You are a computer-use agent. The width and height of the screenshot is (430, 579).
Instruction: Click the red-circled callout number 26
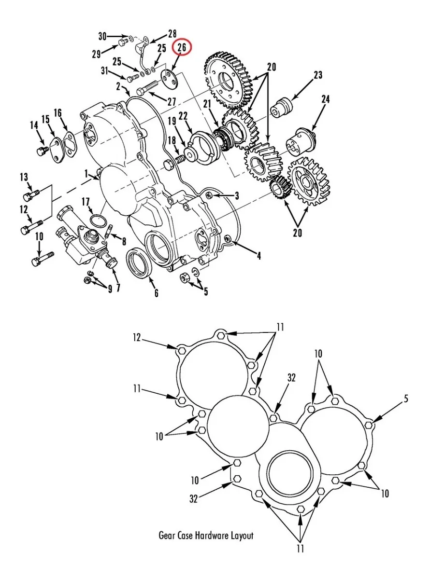coord(182,48)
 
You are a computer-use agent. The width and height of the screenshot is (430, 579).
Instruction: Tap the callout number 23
coord(317,75)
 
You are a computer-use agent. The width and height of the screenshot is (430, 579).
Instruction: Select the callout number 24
coord(325,99)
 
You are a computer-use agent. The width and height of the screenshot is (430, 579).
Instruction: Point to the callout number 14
coord(34,125)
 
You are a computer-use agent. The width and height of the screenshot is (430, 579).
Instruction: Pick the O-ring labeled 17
coord(98,221)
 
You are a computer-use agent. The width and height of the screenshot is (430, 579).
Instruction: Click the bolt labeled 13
coord(31,195)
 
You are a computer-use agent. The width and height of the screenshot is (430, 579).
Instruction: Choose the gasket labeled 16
coord(69,143)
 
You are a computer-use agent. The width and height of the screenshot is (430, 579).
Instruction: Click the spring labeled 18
coord(180,159)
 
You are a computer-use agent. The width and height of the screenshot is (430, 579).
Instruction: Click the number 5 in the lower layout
coord(406,399)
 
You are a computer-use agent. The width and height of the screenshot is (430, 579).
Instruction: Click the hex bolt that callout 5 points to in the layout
coord(369,425)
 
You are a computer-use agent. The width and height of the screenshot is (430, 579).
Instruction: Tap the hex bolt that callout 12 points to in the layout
coord(181,351)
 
